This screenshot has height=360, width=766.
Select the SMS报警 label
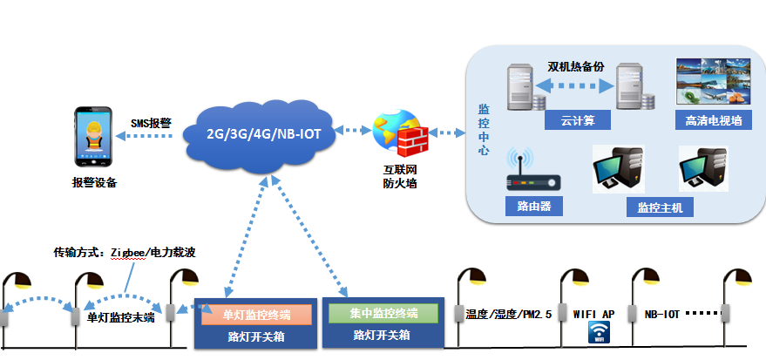[152, 124]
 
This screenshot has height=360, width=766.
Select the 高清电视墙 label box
[713, 121]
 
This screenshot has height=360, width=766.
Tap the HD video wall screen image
[713, 84]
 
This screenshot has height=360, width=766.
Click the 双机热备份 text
[576, 67]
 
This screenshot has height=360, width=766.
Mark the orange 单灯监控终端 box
[257, 315]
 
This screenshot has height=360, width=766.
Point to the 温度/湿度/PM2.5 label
[510, 313]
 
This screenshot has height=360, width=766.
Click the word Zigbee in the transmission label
[127, 253]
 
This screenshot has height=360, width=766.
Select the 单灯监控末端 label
[121, 316]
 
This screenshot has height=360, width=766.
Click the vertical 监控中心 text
[484, 130]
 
